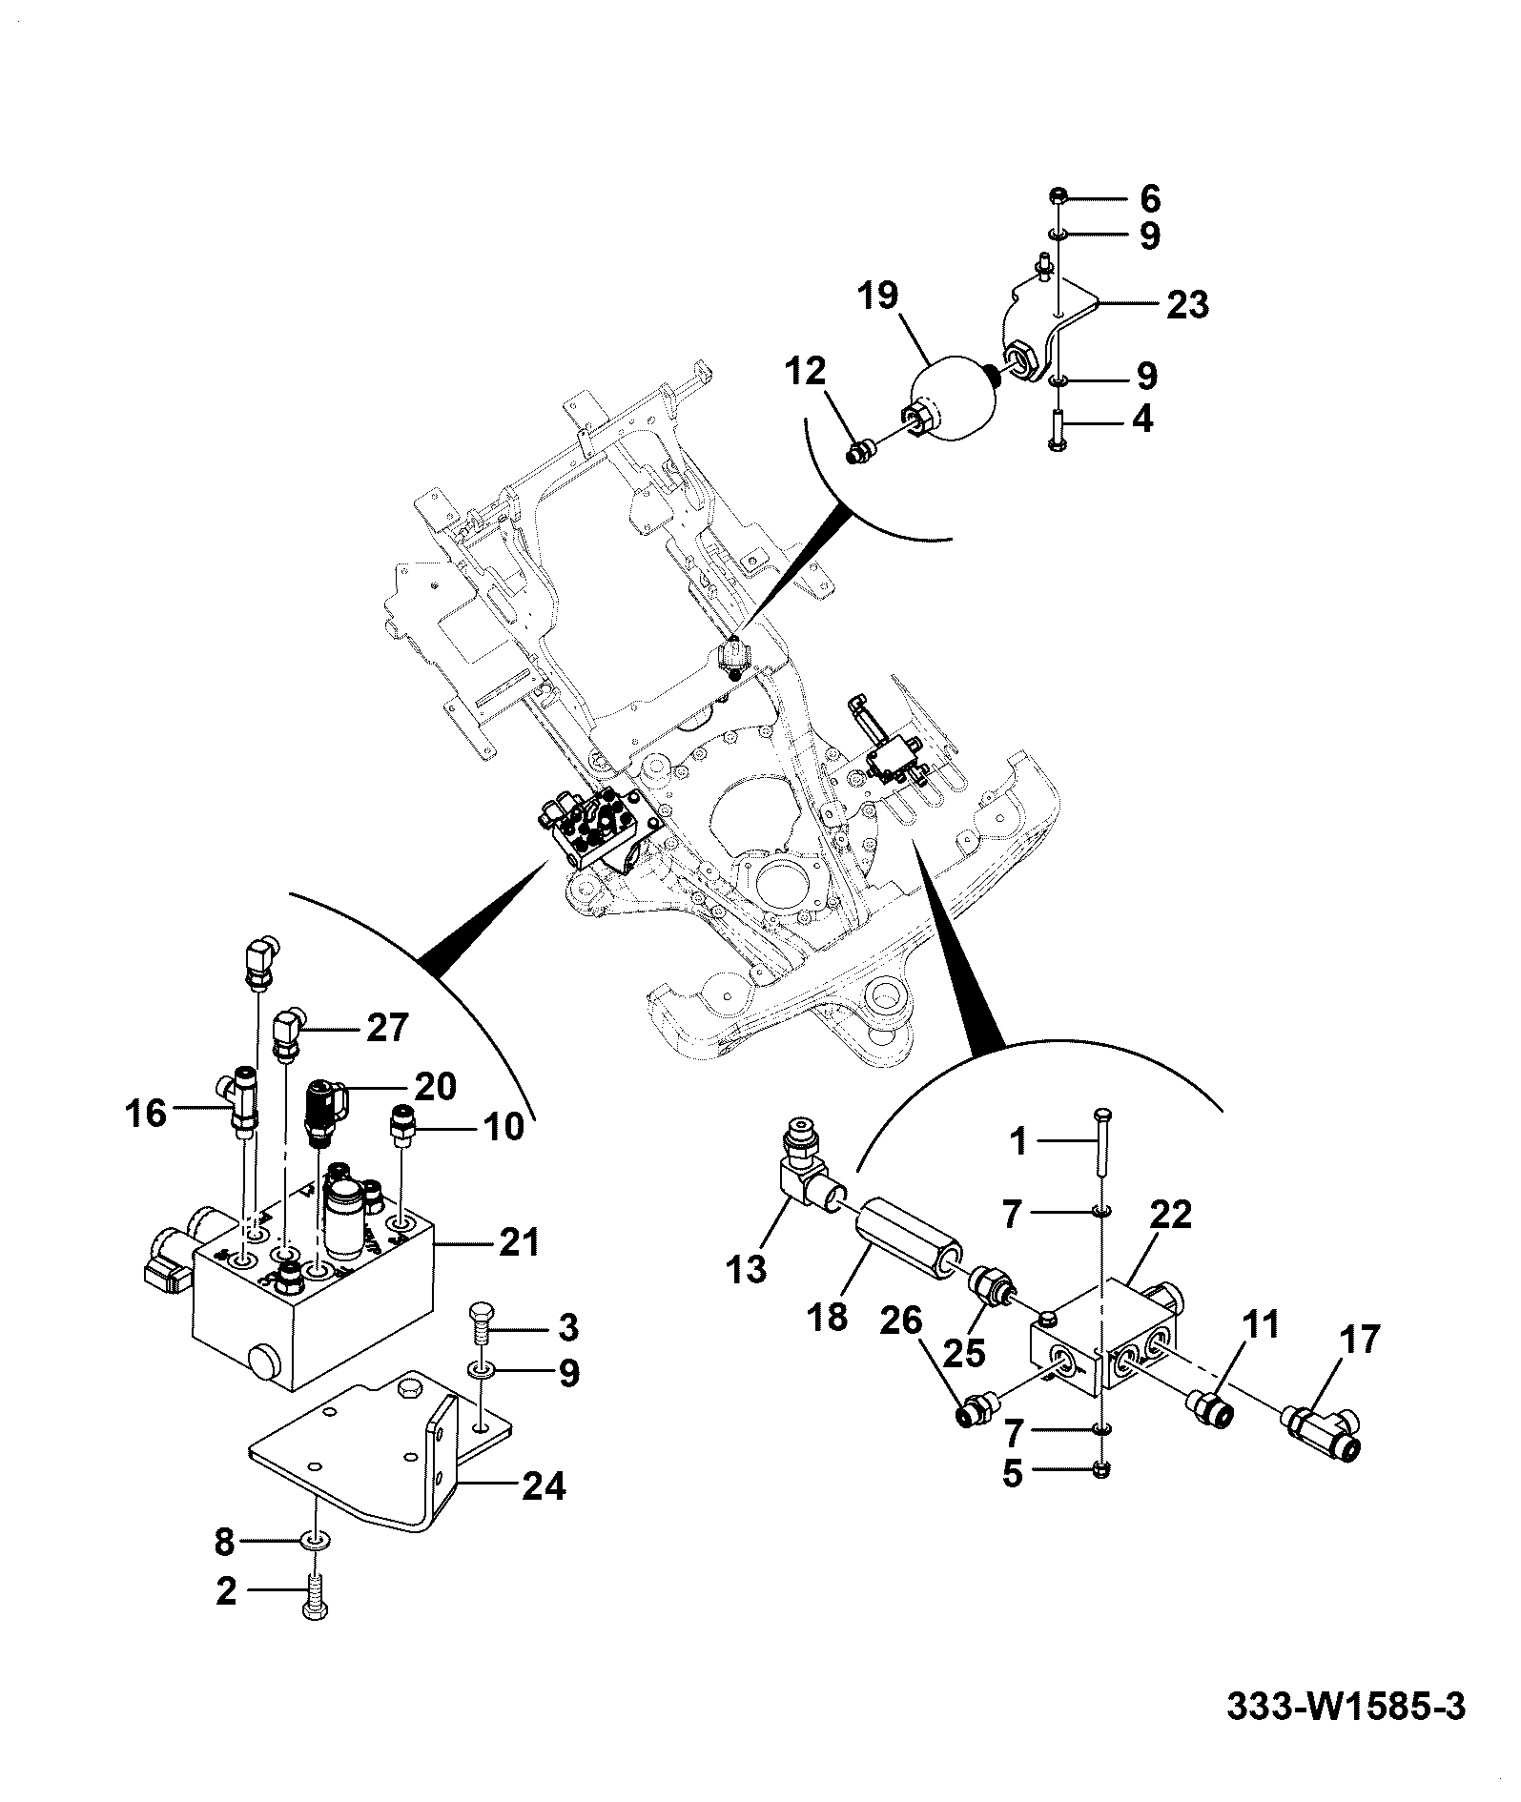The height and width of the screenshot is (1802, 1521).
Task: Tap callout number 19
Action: click(x=876, y=296)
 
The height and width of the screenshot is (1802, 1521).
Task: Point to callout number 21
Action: click(x=520, y=1242)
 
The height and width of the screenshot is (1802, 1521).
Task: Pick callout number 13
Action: click(x=746, y=1269)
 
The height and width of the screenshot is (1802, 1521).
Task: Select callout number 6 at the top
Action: click(x=1149, y=200)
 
